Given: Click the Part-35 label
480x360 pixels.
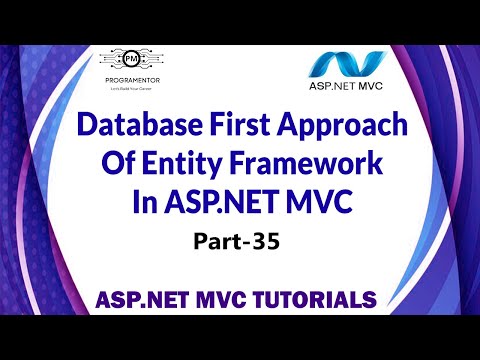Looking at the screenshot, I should click(x=241, y=241).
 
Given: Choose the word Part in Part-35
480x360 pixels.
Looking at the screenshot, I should click(x=224, y=241).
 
